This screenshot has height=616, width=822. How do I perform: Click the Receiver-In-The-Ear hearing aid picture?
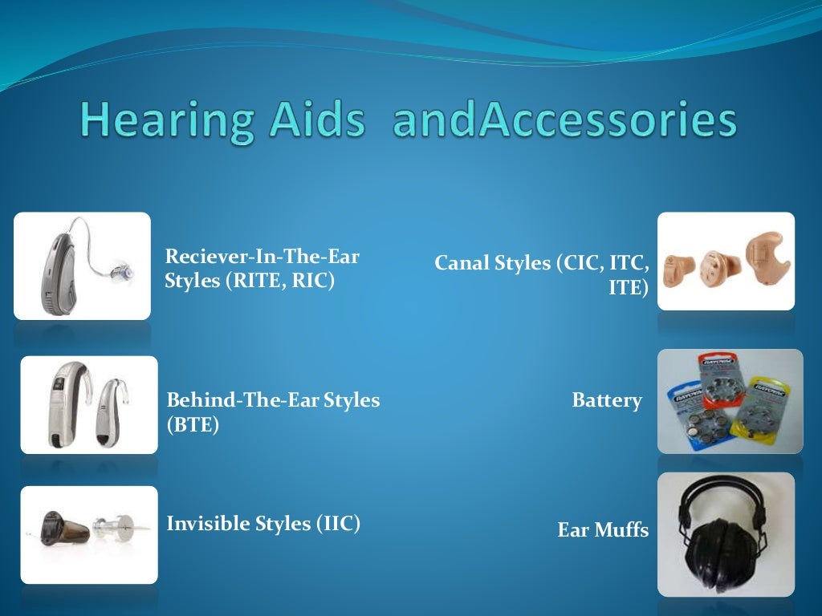coord(82,265)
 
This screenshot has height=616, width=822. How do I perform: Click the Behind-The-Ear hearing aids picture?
coord(89,404)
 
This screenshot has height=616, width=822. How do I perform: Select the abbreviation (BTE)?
coord(193,425)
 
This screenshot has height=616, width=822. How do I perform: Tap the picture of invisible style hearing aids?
coord(89,534)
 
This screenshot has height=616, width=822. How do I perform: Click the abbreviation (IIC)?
coord(338,524)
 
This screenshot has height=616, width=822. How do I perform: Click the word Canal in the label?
coord(460,262)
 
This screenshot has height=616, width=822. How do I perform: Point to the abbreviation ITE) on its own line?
coord(628,288)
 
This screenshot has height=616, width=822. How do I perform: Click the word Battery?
coord(607,400)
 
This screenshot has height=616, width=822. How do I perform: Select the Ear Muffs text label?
coord(603,530)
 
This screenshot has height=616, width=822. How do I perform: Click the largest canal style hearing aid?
coord(766,257)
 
